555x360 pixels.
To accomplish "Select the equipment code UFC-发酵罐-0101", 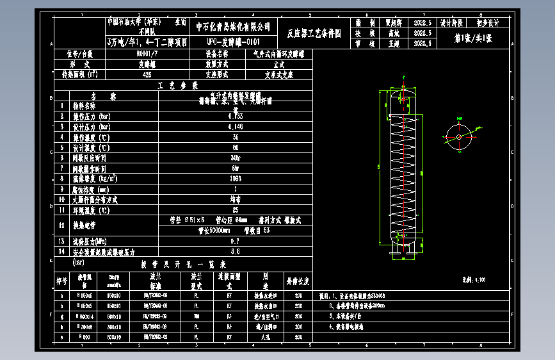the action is click(233, 42).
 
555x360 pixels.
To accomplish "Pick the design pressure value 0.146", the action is click(236, 127).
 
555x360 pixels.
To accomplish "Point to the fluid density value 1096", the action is click(236, 179).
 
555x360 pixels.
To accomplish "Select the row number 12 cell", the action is click(61, 225).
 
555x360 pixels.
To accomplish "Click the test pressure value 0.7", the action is click(236, 241).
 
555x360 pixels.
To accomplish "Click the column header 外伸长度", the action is click(298, 281).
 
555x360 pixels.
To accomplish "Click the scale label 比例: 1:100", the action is click(474, 280).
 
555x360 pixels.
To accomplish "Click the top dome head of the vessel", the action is click(403, 94).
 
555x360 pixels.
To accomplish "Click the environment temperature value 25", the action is click(236, 209).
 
